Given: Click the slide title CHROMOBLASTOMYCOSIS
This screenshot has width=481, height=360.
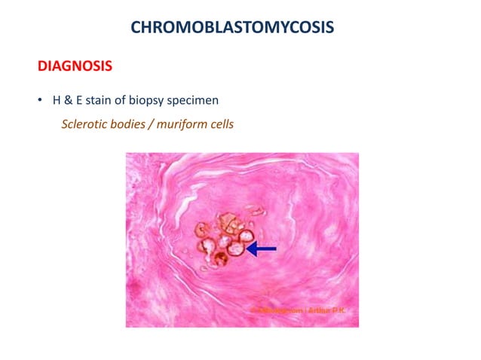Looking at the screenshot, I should point(232,28).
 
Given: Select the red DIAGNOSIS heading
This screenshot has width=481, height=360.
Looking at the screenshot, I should point(75,67).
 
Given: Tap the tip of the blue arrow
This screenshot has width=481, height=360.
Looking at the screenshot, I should point(250,249).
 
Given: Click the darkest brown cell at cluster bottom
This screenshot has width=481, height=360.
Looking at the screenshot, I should point(221,261).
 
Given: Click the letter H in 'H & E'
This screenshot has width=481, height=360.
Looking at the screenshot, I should point(54,101).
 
